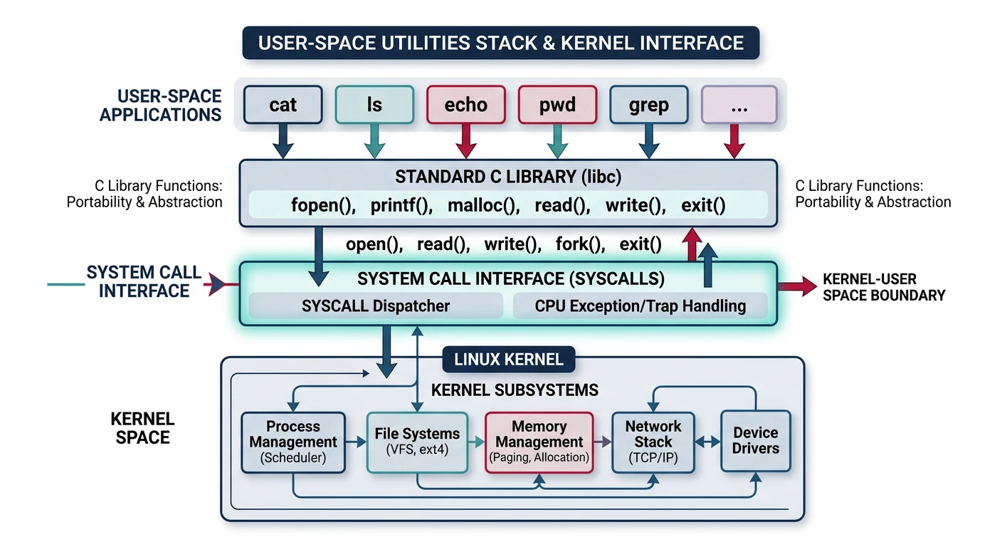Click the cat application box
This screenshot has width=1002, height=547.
pyautogui.click(x=283, y=105)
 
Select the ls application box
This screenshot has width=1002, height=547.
pyautogui.click(x=374, y=105)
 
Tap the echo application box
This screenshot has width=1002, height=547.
pyautogui.click(x=466, y=105)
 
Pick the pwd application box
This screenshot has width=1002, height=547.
pyautogui.click(x=557, y=105)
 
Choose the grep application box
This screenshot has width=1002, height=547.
pyautogui.click(x=648, y=105)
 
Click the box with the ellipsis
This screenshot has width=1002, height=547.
pyautogui.click(x=739, y=105)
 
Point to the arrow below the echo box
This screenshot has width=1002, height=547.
pyautogui.click(x=466, y=141)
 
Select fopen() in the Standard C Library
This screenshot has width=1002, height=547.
pyautogui.click(x=323, y=207)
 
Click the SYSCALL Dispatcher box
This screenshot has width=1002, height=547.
pyautogui.click(x=375, y=306)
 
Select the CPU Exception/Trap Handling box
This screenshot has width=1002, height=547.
pyautogui.click(x=640, y=306)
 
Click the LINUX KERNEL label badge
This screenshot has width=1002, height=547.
pyautogui.click(x=508, y=360)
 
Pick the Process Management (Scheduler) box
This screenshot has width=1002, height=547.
pyautogui.click(x=293, y=442)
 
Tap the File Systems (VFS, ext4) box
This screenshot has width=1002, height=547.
pyautogui.click(x=417, y=442)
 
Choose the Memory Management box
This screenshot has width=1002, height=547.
pyautogui.click(x=539, y=442)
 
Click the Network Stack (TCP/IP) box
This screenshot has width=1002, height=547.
pyautogui.click(x=653, y=442)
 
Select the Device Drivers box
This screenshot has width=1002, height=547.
pyautogui.click(x=755, y=441)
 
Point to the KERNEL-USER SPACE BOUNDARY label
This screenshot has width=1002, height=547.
pyautogui.click(x=883, y=287)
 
